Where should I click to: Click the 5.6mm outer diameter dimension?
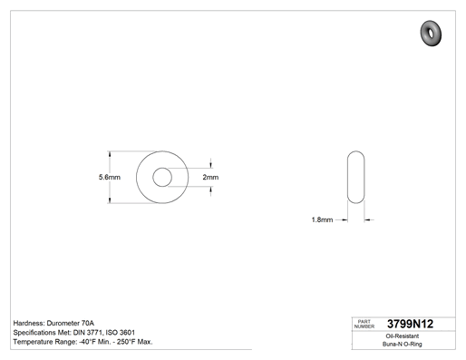110,177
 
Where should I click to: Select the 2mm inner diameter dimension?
210,177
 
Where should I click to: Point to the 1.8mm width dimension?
322,219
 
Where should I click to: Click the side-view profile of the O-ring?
347,177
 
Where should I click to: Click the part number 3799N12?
410,324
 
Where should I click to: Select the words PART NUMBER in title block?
364,324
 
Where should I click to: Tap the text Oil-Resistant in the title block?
403,336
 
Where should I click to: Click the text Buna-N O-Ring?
403,344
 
